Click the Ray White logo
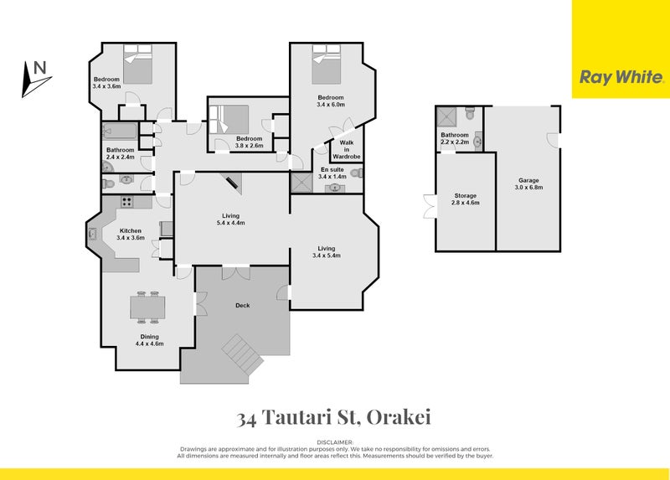621,77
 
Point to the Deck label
243,305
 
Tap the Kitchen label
131,234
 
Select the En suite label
332,173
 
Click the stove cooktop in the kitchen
128,201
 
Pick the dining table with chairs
147,307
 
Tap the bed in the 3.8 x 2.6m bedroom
229,118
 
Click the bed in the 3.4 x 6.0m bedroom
322,65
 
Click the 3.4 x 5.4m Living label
326,251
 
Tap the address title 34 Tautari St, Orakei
334,416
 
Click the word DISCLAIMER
334,441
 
